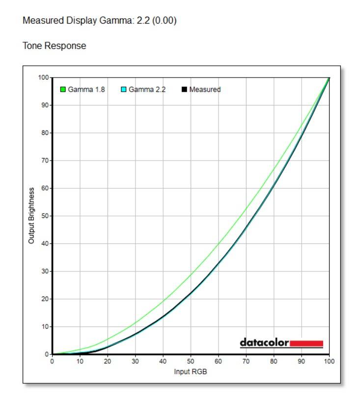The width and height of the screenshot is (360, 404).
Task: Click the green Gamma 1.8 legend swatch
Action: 63,89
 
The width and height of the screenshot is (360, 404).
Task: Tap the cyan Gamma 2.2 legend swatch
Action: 124,89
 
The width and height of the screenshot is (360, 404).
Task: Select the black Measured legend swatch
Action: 184,89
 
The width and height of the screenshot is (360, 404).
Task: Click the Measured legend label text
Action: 205,89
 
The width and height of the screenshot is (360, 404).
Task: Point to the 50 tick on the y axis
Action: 46,216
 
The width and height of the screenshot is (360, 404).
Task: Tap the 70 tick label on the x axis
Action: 246,361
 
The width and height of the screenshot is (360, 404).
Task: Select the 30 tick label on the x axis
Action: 135,361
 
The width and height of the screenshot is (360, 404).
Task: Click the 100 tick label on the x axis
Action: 329,361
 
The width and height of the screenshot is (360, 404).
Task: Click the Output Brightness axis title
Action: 31,215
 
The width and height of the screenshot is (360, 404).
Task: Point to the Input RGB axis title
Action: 191,371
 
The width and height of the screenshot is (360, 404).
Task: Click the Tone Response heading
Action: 55,46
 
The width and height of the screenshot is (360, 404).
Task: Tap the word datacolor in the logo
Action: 264,343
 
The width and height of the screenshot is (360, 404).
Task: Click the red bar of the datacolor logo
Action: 306,343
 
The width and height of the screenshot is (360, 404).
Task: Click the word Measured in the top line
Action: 40,22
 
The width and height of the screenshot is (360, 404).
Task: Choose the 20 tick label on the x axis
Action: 108,361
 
